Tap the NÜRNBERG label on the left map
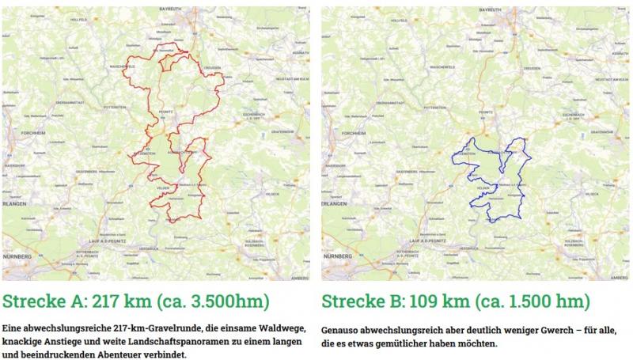pyautogui.click(x=17, y=257)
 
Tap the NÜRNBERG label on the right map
pyautogui.click(x=337, y=257)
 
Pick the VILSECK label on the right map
pyautogui.click(x=593, y=193)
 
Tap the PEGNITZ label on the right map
pyautogui.click(x=487, y=112)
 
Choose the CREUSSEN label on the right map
pyautogui.click(x=532, y=68)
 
